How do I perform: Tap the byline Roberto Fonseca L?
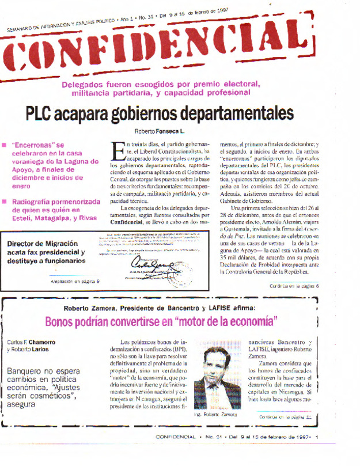tap(159, 131)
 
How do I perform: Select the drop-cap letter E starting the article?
tap(115, 152)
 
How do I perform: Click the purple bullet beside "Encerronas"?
tap(5, 145)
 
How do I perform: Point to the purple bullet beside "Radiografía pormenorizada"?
tap(5, 202)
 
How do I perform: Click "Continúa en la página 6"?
tap(294, 286)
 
